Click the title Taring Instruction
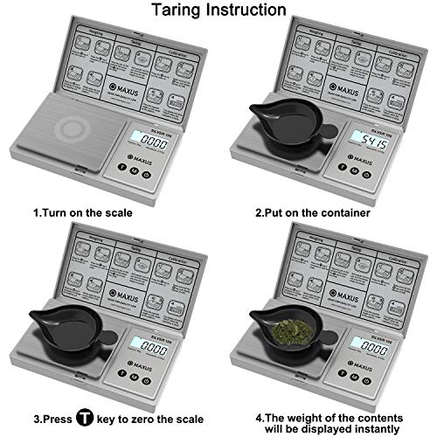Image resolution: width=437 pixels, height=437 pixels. point(218,10)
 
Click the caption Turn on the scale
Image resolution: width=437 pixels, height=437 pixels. point(83,212)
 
